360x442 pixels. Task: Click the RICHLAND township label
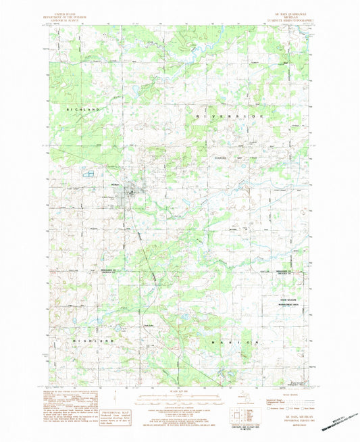click(x=82, y=108)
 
